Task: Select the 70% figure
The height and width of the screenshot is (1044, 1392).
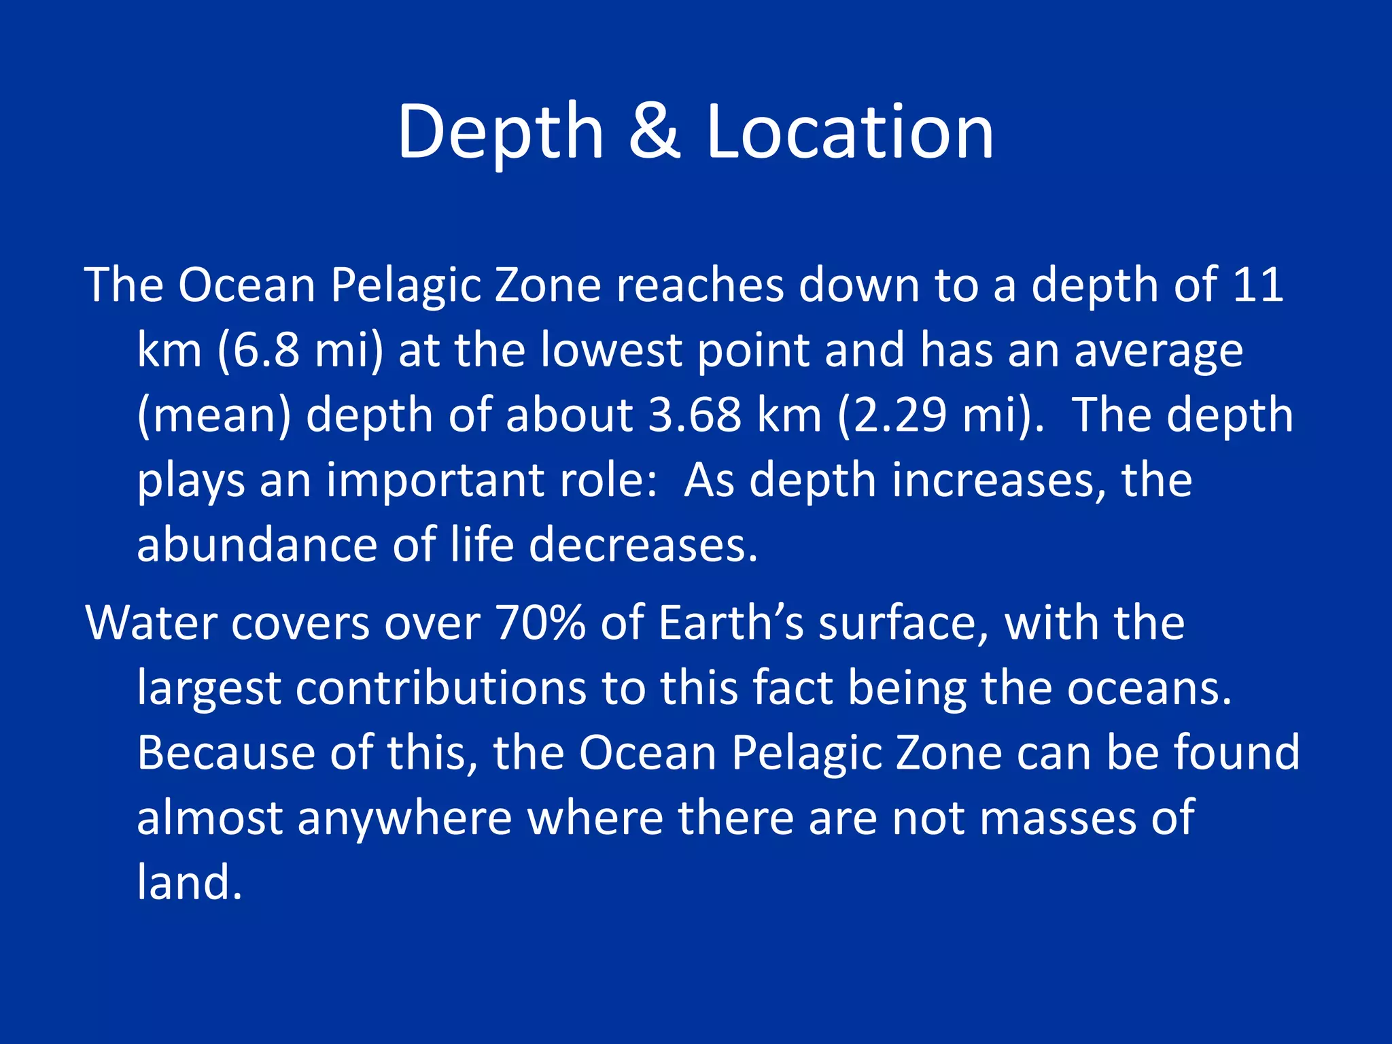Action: (x=540, y=623)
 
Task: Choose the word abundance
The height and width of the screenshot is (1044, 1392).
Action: (x=257, y=545)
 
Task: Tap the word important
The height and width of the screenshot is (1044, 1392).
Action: (x=435, y=481)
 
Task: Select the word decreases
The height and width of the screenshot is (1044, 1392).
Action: (x=642, y=545)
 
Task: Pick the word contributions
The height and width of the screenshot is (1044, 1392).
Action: (x=440, y=688)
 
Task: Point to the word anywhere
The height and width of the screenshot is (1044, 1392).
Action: (x=404, y=818)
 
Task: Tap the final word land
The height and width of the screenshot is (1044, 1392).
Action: (x=189, y=882)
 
